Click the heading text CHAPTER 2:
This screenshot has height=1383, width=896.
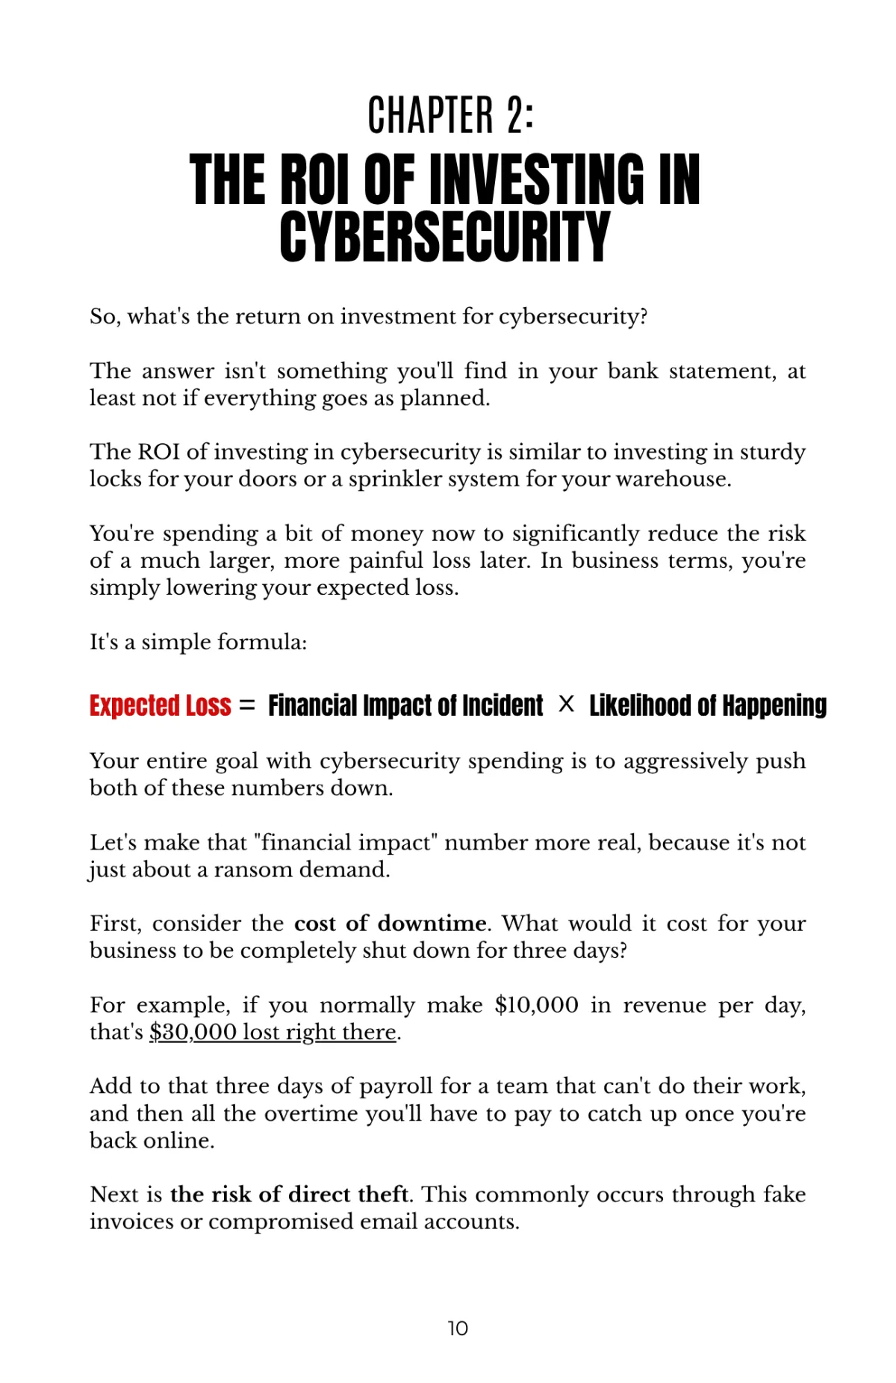[x=450, y=116]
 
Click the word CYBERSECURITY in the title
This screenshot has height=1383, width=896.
[x=445, y=237]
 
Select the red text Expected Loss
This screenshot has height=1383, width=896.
[x=161, y=705]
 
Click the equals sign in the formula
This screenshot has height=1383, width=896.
[x=248, y=705]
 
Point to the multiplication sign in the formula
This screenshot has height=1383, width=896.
[x=567, y=704]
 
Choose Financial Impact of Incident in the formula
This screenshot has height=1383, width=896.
[x=405, y=705]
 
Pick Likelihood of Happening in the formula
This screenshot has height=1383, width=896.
[x=708, y=705]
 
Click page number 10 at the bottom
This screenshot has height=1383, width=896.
[x=458, y=1328]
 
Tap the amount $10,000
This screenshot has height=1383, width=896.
[x=536, y=1005]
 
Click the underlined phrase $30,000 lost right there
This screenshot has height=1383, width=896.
[x=273, y=1032]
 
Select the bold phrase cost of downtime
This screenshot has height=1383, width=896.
[x=390, y=923]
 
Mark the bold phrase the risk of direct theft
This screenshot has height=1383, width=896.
[x=289, y=1194]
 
